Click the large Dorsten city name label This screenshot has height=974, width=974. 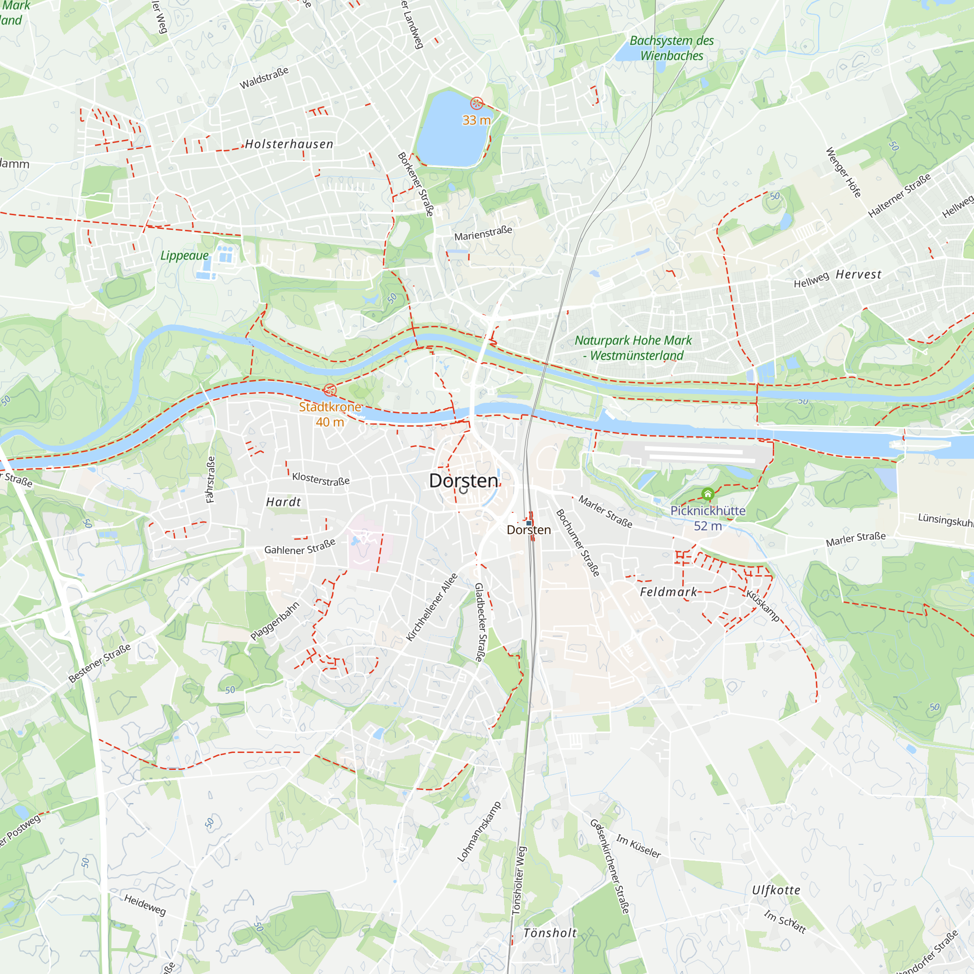pyautogui.click(x=463, y=481)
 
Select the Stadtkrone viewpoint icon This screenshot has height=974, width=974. pyautogui.click(x=330, y=390)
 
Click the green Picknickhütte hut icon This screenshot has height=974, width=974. pyautogui.click(x=708, y=493)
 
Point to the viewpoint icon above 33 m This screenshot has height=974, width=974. pyautogui.click(x=476, y=104)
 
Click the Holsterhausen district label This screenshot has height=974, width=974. pyautogui.click(x=289, y=145)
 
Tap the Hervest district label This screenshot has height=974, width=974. pyautogui.click(x=859, y=275)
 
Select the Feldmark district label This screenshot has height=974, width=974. pyautogui.click(x=669, y=592)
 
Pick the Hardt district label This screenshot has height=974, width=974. pyautogui.click(x=283, y=502)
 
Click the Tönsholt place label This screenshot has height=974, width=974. pyautogui.click(x=550, y=933)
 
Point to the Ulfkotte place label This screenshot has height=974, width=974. pyautogui.click(x=776, y=890)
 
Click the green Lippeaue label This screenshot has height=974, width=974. pyautogui.click(x=185, y=256)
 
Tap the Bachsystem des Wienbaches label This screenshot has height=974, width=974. pyautogui.click(x=672, y=48)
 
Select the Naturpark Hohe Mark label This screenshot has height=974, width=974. pyautogui.click(x=633, y=348)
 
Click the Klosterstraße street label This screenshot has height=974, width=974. pyautogui.click(x=320, y=479)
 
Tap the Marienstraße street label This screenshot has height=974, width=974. pyautogui.click(x=483, y=233)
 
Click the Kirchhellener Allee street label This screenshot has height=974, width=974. pyautogui.click(x=432, y=607)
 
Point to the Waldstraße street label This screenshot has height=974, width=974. pyautogui.click(x=263, y=78)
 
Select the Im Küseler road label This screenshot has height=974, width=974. pyautogui.click(x=638, y=846)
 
